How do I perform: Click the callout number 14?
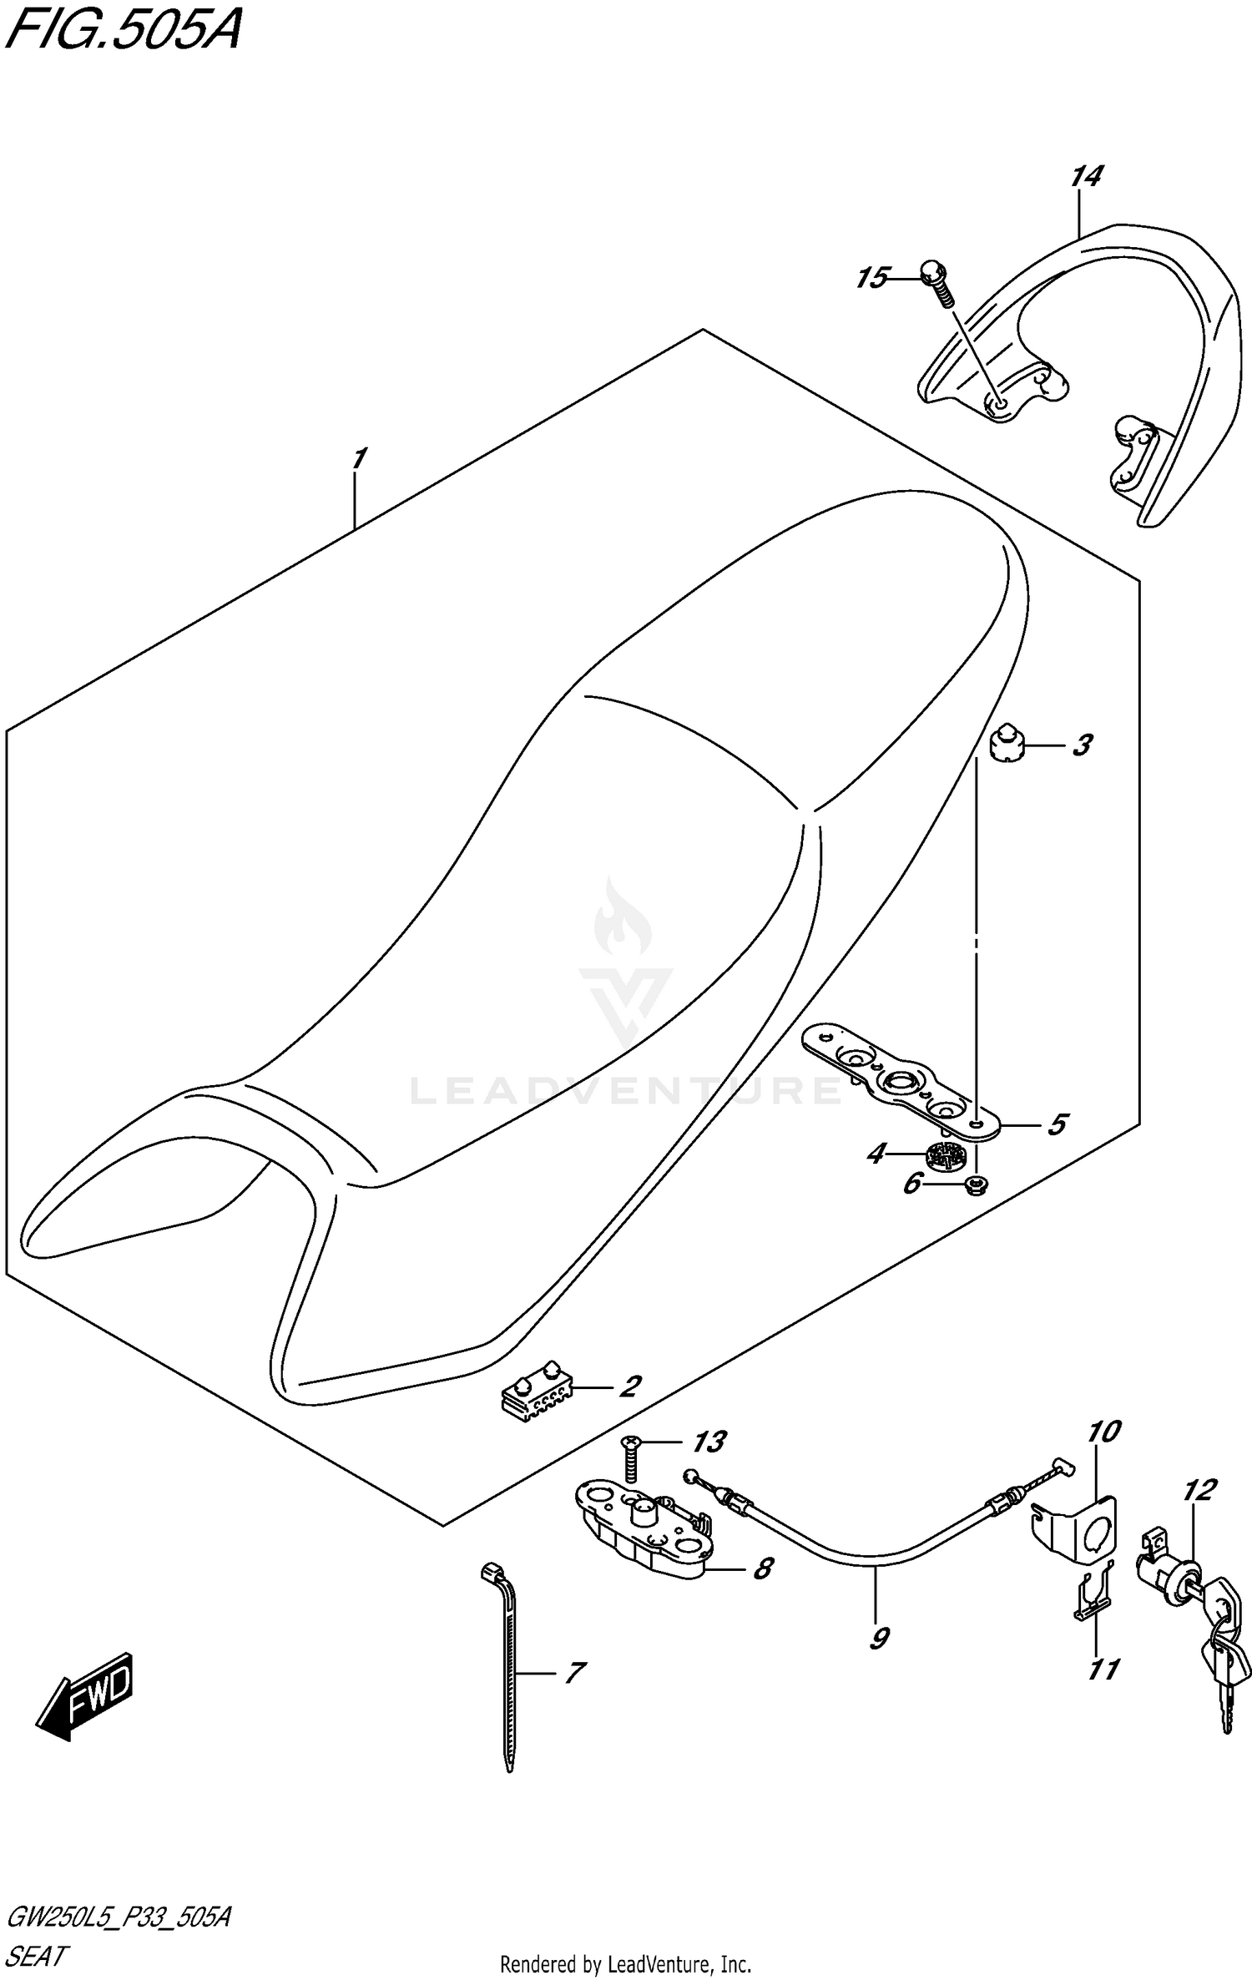point(1086,177)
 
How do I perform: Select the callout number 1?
point(358,459)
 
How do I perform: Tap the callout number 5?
point(1057,1124)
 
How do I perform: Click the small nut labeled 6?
point(973,1183)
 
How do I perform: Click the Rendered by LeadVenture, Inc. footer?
point(625,1963)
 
